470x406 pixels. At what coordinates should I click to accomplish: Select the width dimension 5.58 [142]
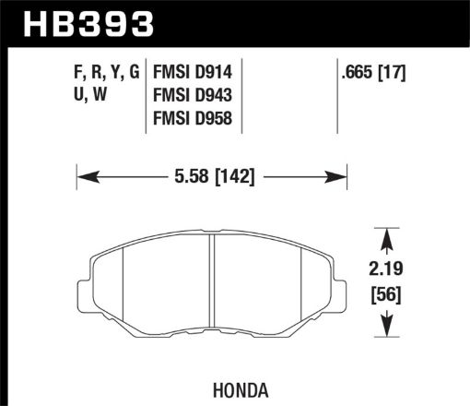[212, 173]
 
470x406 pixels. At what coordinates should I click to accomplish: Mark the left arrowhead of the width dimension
[82, 173]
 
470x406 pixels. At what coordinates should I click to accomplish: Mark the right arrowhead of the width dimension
[340, 173]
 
